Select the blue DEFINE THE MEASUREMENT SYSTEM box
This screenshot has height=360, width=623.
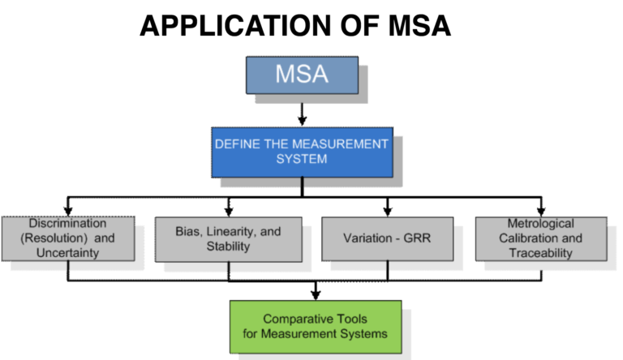point(302,152)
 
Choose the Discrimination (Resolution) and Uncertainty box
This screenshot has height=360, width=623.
point(67,238)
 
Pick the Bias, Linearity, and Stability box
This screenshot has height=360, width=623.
point(228,238)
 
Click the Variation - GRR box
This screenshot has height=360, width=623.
point(387,239)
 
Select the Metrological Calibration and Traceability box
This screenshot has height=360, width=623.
point(540,238)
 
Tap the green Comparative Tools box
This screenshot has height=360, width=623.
point(315,327)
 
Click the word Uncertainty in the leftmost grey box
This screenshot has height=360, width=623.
point(67,252)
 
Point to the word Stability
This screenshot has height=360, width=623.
point(229,246)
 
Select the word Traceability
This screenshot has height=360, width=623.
point(540,253)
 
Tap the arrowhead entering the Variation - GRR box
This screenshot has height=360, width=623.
point(388,210)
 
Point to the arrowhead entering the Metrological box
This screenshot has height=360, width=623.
point(541,210)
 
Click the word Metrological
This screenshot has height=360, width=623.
point(540,223)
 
